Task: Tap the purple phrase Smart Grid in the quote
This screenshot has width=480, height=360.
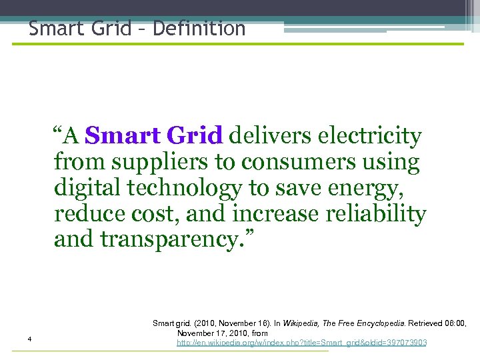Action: (x=153, y=136)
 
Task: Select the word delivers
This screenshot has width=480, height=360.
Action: (x=270, y=136)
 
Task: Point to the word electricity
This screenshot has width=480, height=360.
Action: (x=370, y=136)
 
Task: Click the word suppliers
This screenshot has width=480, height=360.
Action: (x=153, y=162)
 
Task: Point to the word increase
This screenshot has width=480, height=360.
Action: (x=280, y=214)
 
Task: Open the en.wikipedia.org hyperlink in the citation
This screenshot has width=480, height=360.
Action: (x=301, y=343)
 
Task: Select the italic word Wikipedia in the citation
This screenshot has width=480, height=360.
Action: (x=301, y=323)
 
